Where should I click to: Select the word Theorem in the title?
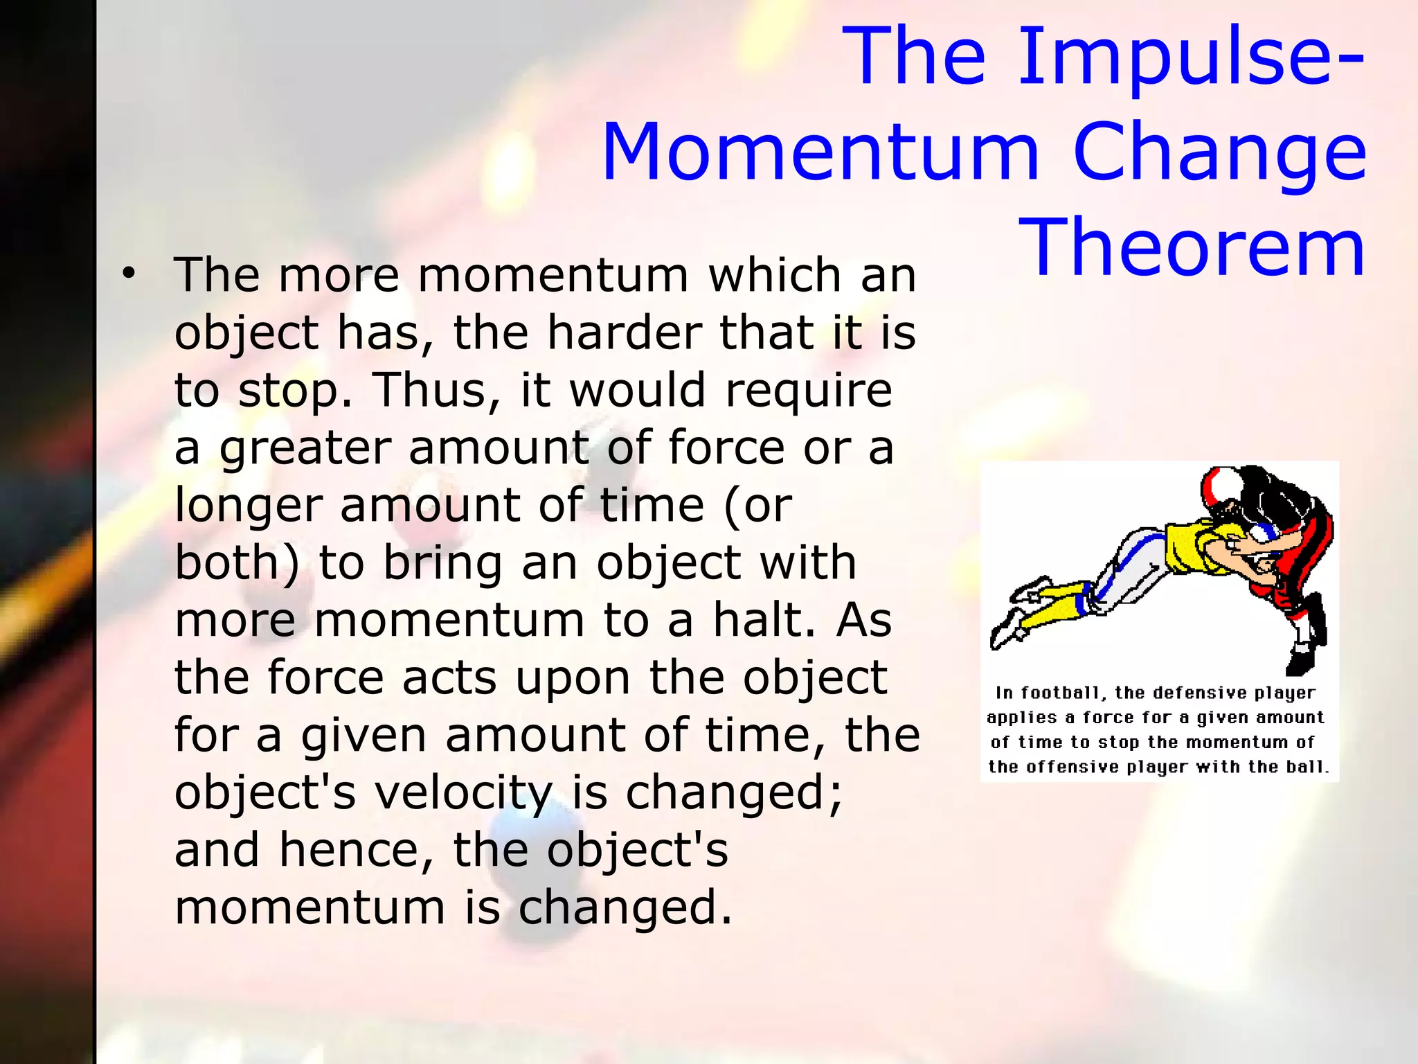pyautogui.click(x=1191, y=248)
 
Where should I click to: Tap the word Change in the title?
pyautogui.click(x=1219, y=154)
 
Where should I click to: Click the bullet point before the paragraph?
pyautogui.click(x=127, y=274)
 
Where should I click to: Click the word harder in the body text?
pyautogui.click(x=625, y=333)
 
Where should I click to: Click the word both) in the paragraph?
pyautogui.click(x=237, y=562)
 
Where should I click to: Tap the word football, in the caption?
pyautogui.click(x=1063, y=693)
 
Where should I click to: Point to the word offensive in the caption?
pyautogui.click(x=1072, y=768)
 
